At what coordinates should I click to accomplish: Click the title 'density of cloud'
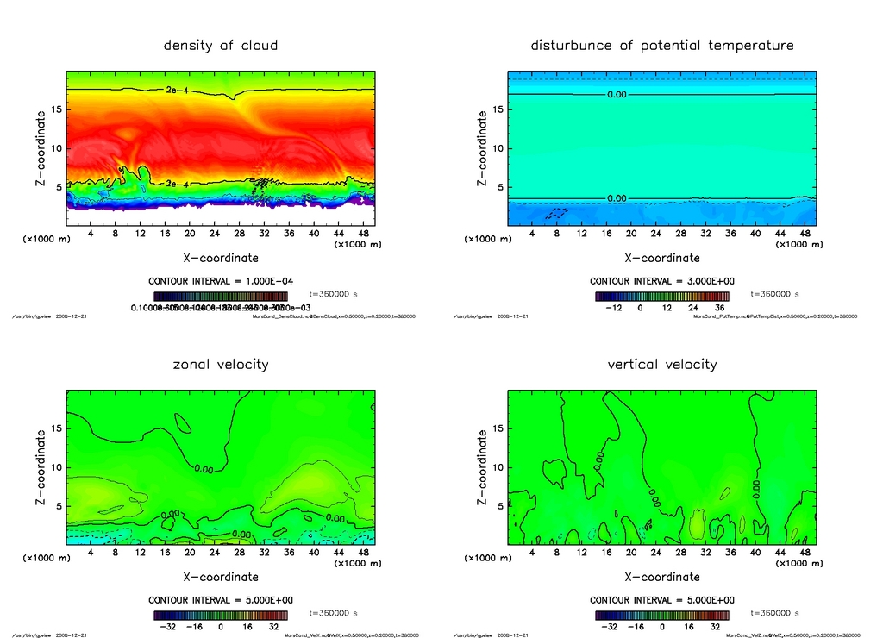pos(221,45)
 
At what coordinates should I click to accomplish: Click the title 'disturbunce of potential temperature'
pos(662,45)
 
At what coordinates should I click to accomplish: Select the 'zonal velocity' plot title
pos(221,364)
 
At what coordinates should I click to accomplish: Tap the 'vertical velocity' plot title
pos(662,364)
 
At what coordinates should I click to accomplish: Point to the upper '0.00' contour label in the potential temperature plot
pos(617,94)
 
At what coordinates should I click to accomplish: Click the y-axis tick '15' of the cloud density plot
pos(56,109)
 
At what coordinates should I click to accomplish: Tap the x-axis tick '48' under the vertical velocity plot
pos(804,553)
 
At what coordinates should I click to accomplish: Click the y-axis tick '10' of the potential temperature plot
pos(498,148)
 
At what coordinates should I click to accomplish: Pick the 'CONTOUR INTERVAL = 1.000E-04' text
pos(221,281)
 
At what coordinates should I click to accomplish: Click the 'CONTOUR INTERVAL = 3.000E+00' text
pos(662,281)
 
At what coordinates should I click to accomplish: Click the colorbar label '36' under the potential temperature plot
pos(716,307)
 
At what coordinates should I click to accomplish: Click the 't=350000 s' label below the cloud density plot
pos(333,294)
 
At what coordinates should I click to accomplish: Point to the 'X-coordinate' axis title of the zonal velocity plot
pos(221,577)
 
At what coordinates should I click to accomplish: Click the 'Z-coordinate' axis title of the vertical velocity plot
pos(481,466)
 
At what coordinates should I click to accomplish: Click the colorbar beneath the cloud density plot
pos(221,295)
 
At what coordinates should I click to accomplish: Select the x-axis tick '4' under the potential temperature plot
pos(532,234)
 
